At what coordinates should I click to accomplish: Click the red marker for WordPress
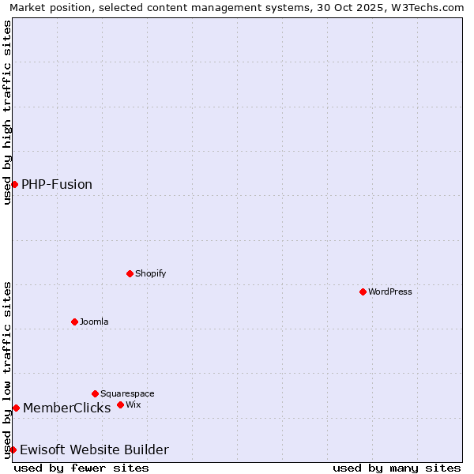pos(363,292)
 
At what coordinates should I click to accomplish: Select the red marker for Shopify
pos(130,273)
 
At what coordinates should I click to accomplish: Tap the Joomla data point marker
pos(74,322)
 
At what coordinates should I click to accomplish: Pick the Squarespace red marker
pos(95,393)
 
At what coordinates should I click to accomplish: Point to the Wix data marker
pos(120,404)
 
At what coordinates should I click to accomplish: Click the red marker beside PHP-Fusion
pos(14,184)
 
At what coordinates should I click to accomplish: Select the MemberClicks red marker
pos(16,408)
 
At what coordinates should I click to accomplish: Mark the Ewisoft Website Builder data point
pos(13,450)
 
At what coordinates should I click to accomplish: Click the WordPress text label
pos(390,292)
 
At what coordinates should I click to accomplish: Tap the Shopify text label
pos(150,273)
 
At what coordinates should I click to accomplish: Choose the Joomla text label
pos(94,322)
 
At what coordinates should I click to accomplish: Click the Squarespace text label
pos(127,393)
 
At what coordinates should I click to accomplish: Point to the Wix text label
pos(134,404)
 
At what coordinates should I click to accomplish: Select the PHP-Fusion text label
pos(57,184)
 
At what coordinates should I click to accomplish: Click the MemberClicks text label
pos(66,408)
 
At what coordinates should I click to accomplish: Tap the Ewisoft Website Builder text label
pos(94,450)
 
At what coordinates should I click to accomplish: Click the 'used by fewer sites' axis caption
pos(81,468)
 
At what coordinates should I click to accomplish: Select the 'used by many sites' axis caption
pos(397,468)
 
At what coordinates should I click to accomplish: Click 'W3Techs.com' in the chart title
pos(431,8)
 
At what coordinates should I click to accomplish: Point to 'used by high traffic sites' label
pos(8,112)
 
